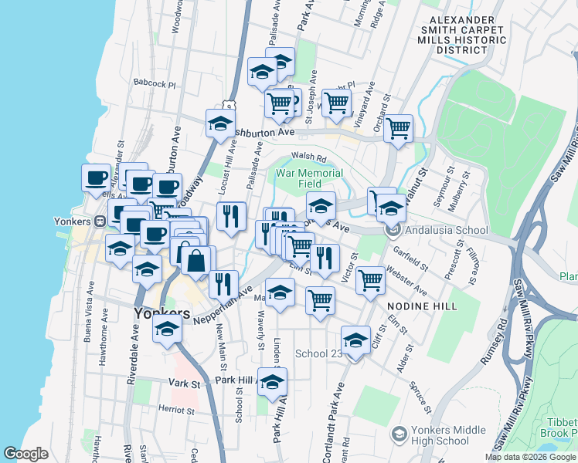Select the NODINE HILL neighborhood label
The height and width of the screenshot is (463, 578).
click(x=422, y=306)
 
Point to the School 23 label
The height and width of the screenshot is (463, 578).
click(x=319, y=354)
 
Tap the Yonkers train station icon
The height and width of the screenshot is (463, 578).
click(x=100, y=221)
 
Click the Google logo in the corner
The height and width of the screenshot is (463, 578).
click(x=25, y=454)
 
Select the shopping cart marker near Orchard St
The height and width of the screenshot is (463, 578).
click(x=398, y=129)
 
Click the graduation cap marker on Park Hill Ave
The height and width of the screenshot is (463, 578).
click(x=271, y=382)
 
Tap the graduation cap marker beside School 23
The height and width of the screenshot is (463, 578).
click(x=355, y=340)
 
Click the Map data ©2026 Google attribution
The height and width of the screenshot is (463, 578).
click(x=530, y=457)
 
